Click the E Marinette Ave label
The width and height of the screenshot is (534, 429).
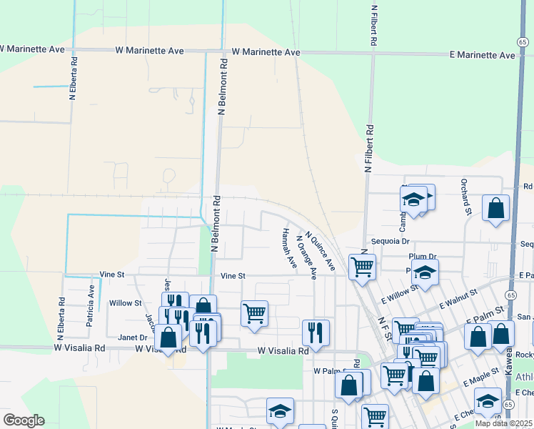[x=482, y=55]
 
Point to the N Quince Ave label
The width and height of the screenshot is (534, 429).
[x=321, y=250]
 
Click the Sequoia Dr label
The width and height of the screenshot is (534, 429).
[x=388, y=242]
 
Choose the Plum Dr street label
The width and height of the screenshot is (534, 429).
[x=422, y=256]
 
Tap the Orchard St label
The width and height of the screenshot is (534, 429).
[x=466, y=197]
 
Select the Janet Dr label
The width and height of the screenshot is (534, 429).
[x=132, y=337]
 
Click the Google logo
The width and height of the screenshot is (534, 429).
[x=23, y=420]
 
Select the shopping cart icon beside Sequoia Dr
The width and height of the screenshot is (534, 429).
[x=362, y=267]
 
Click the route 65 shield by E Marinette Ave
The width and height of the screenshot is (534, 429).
[x=523, y=43]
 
